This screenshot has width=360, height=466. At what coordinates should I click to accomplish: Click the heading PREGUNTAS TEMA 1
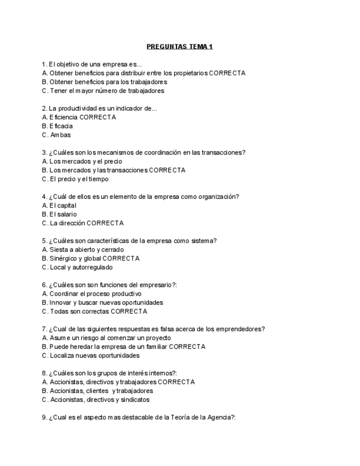180,46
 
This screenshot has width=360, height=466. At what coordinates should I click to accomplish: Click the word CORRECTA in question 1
227,73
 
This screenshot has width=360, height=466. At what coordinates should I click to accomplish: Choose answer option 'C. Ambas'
57,135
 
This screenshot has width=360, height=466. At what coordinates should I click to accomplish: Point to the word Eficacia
61,126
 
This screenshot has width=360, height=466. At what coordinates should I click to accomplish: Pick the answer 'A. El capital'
59,206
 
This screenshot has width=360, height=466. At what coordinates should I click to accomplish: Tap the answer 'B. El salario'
59,214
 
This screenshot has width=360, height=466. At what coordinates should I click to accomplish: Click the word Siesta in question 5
58,249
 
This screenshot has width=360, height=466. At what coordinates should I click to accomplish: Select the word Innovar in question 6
60,302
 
